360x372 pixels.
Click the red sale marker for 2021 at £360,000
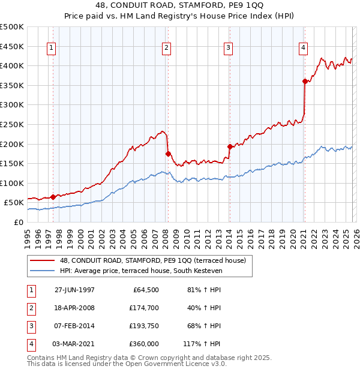[305, 81]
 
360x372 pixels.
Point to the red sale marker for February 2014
[230, 146]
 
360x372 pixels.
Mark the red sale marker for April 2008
[168, 154]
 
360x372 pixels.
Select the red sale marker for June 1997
[53, 197]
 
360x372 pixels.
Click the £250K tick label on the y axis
[11, 124]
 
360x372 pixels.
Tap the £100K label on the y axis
[11, 183]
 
